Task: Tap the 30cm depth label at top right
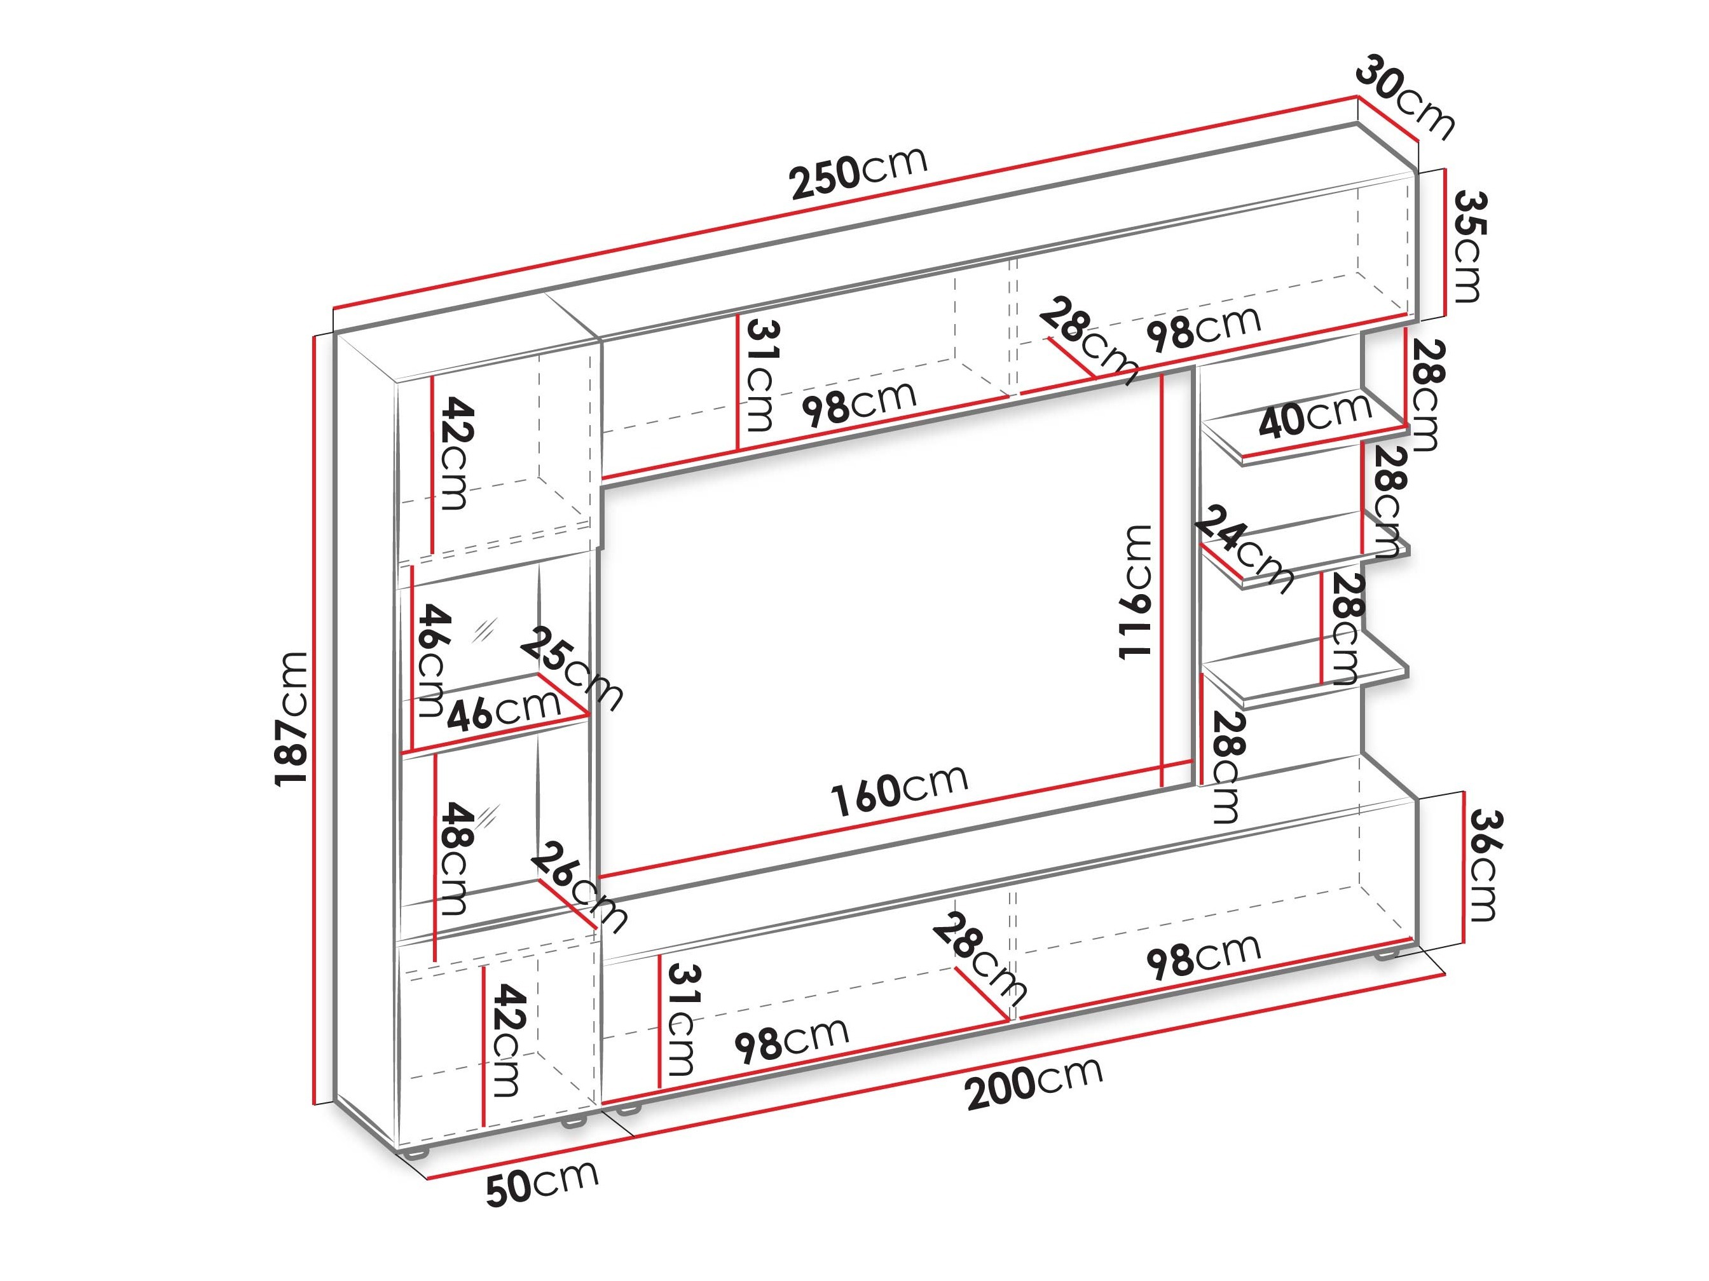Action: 1405,97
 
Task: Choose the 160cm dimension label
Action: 899,790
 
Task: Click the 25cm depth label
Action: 571,668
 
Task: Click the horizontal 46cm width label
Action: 503,710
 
